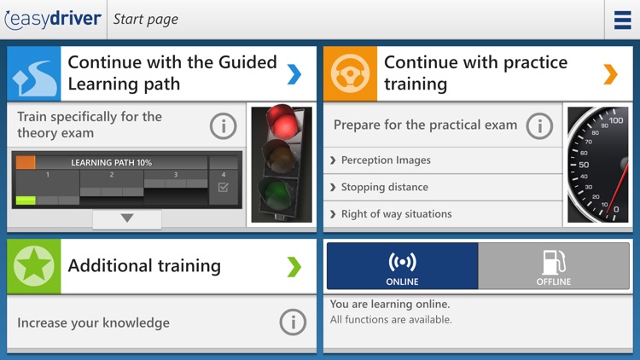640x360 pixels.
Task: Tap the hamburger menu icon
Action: coord(622,20)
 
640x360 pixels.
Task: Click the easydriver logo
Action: coord(53,19)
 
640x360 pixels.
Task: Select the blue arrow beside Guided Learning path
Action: coord(294,74)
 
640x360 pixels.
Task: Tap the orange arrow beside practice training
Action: coord(611,74)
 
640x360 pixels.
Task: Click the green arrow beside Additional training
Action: coord(294,267)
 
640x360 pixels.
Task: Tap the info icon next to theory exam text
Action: coord(224,126)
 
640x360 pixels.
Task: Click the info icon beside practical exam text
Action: coord(539,126)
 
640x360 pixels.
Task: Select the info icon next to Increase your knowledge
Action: coord(293,322)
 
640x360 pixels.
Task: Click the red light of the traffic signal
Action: coord(282,121)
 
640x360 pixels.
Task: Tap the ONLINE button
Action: coord(403,265)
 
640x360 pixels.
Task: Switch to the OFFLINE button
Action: coord(554,265)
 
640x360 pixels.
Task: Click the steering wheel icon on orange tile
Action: coord(350,74)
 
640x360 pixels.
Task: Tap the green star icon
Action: coord(34,266)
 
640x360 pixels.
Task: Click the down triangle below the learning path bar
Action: coord(127,218)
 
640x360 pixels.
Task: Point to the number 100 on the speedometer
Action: coord(615,120)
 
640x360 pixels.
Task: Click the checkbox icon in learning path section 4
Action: coord(224,188)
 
